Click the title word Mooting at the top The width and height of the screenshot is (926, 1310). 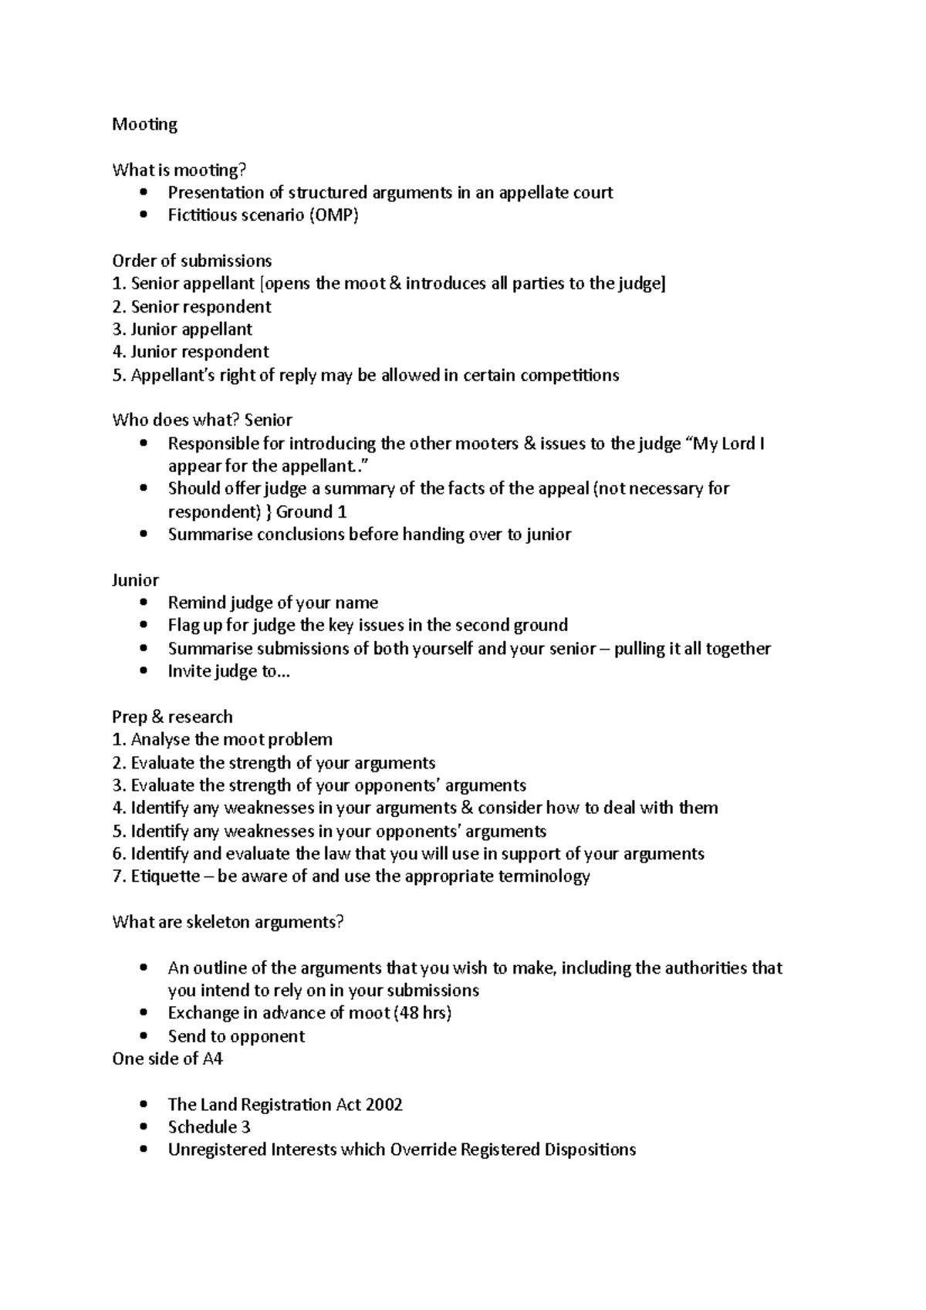point(144,124)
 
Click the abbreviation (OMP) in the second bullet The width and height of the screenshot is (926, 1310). point(333,215)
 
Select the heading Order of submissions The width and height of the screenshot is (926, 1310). point(191,261)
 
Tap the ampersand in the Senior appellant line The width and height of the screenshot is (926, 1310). point(395,283)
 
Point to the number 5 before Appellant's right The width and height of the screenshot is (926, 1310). point(117,376)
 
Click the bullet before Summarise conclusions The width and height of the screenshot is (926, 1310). point(144,535)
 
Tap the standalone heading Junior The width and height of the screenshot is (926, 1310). point(135,580)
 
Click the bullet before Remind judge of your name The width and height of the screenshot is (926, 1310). point(144,603)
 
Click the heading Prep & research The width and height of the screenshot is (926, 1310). point(172,717)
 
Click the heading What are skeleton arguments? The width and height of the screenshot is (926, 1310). point(228,922)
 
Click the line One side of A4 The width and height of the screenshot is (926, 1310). point(167,1058)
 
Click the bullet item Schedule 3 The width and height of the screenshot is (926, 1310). point(209,1127)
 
